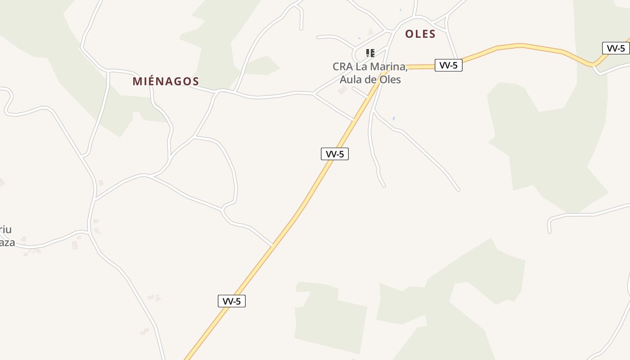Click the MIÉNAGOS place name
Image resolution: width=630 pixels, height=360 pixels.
point(166,81)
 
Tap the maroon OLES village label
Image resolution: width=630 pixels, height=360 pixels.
point(420,34)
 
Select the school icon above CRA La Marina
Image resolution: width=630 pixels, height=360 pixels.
point(370,53)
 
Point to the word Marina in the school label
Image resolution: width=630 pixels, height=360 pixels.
point(390,67)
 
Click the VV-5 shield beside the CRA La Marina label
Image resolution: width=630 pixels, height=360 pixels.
point(449,65)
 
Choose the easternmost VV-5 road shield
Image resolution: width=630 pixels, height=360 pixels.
point(616,48)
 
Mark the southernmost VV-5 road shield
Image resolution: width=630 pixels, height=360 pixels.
point(232,301)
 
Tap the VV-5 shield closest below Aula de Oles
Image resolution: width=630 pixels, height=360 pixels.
point(335,154)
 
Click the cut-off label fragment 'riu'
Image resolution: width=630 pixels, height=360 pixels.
point(5,229)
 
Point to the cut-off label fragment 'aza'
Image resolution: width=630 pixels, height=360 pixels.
point(7,243)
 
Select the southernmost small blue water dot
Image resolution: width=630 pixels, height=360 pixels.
point(394,118)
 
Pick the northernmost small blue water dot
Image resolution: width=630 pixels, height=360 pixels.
point(400,10)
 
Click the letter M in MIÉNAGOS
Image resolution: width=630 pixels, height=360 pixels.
point(137,81)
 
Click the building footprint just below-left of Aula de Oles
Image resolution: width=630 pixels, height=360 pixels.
point(343,90)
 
